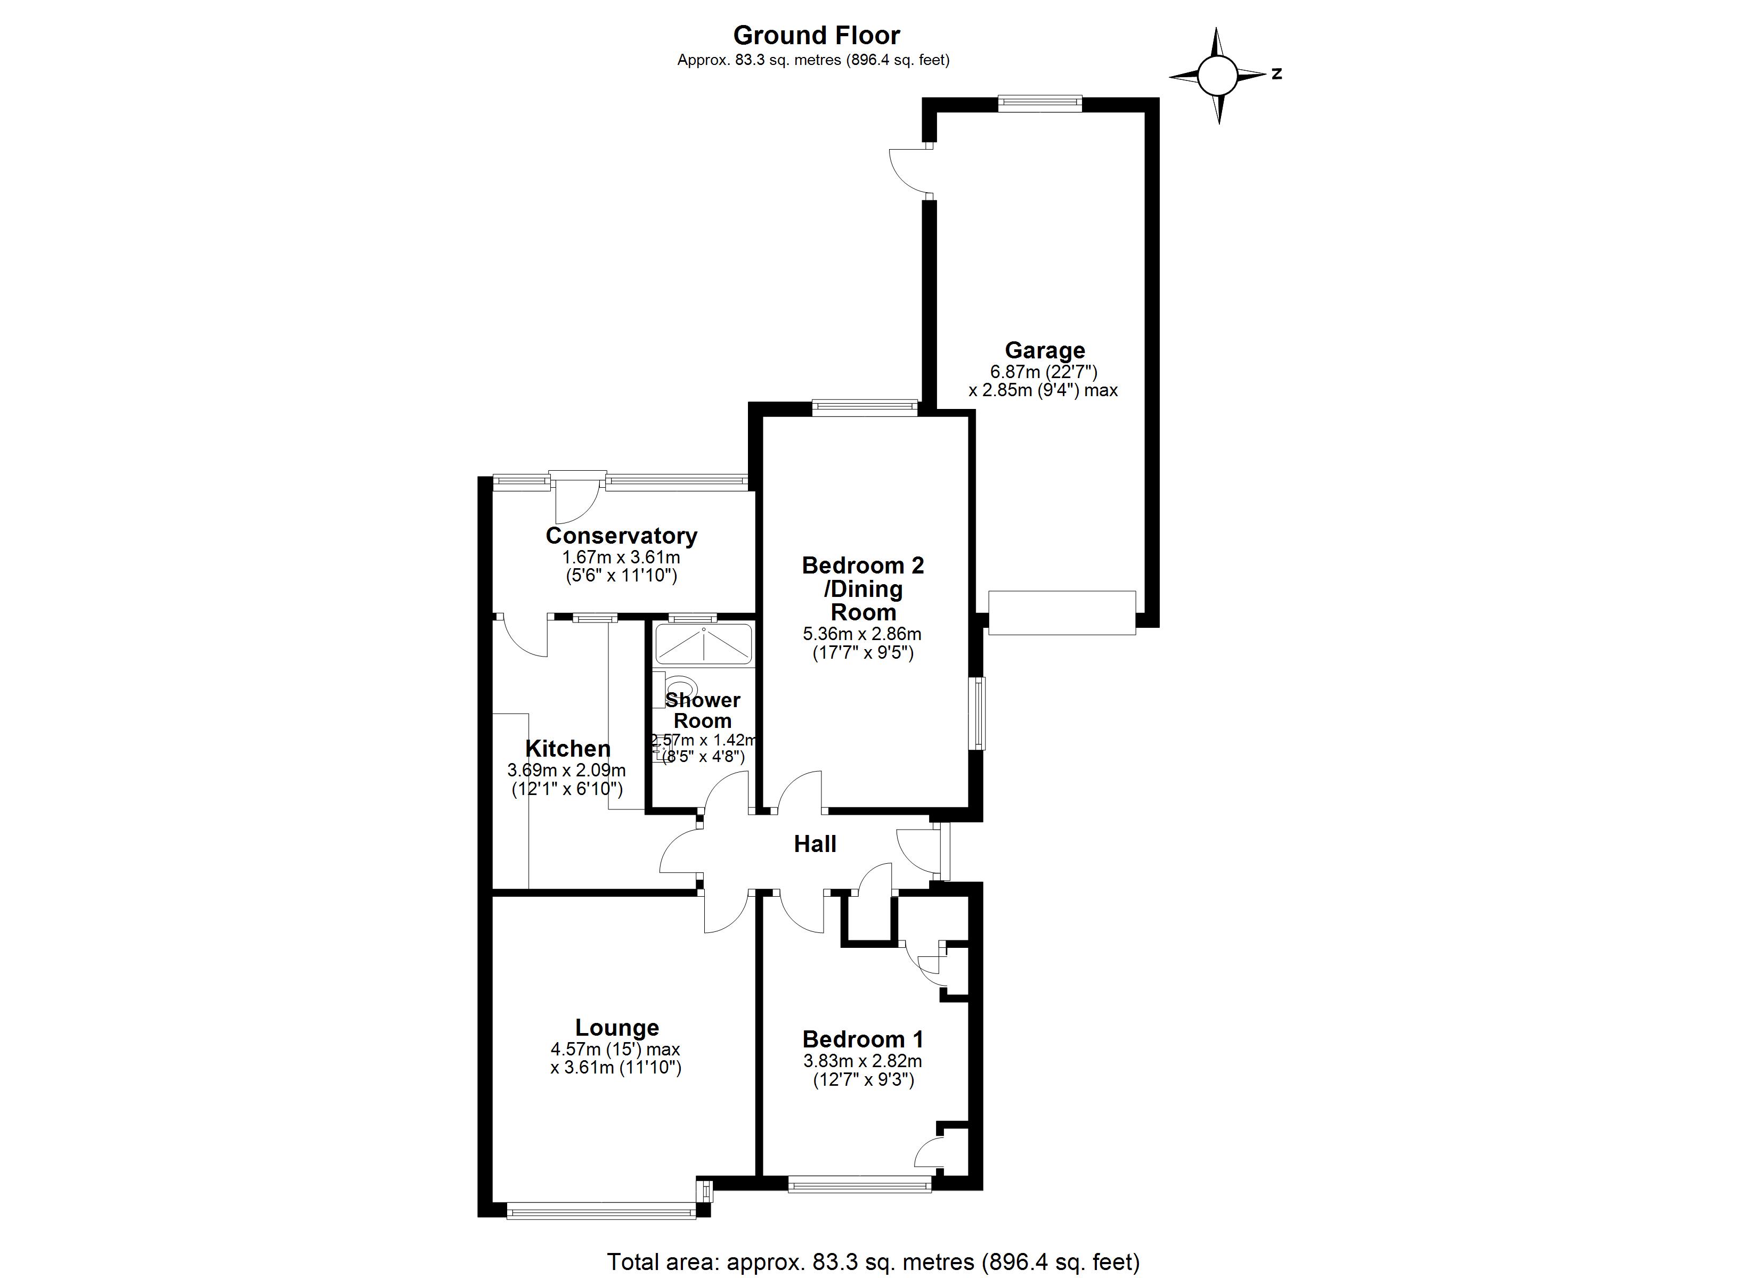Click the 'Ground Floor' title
coord(816,36)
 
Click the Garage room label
coord(1044,350)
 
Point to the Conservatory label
coord(621,536)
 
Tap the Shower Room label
coord(702,710)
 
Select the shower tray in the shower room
coord(703,644)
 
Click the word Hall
coord(815,844)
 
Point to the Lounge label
coord(617,1028)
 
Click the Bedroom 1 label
coord(862,1039)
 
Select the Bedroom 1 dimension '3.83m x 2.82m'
coord(862,1061)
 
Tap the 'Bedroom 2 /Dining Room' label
coord(862,588)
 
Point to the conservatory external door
coord(577,496)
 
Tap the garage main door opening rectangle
coord(1062,613)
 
